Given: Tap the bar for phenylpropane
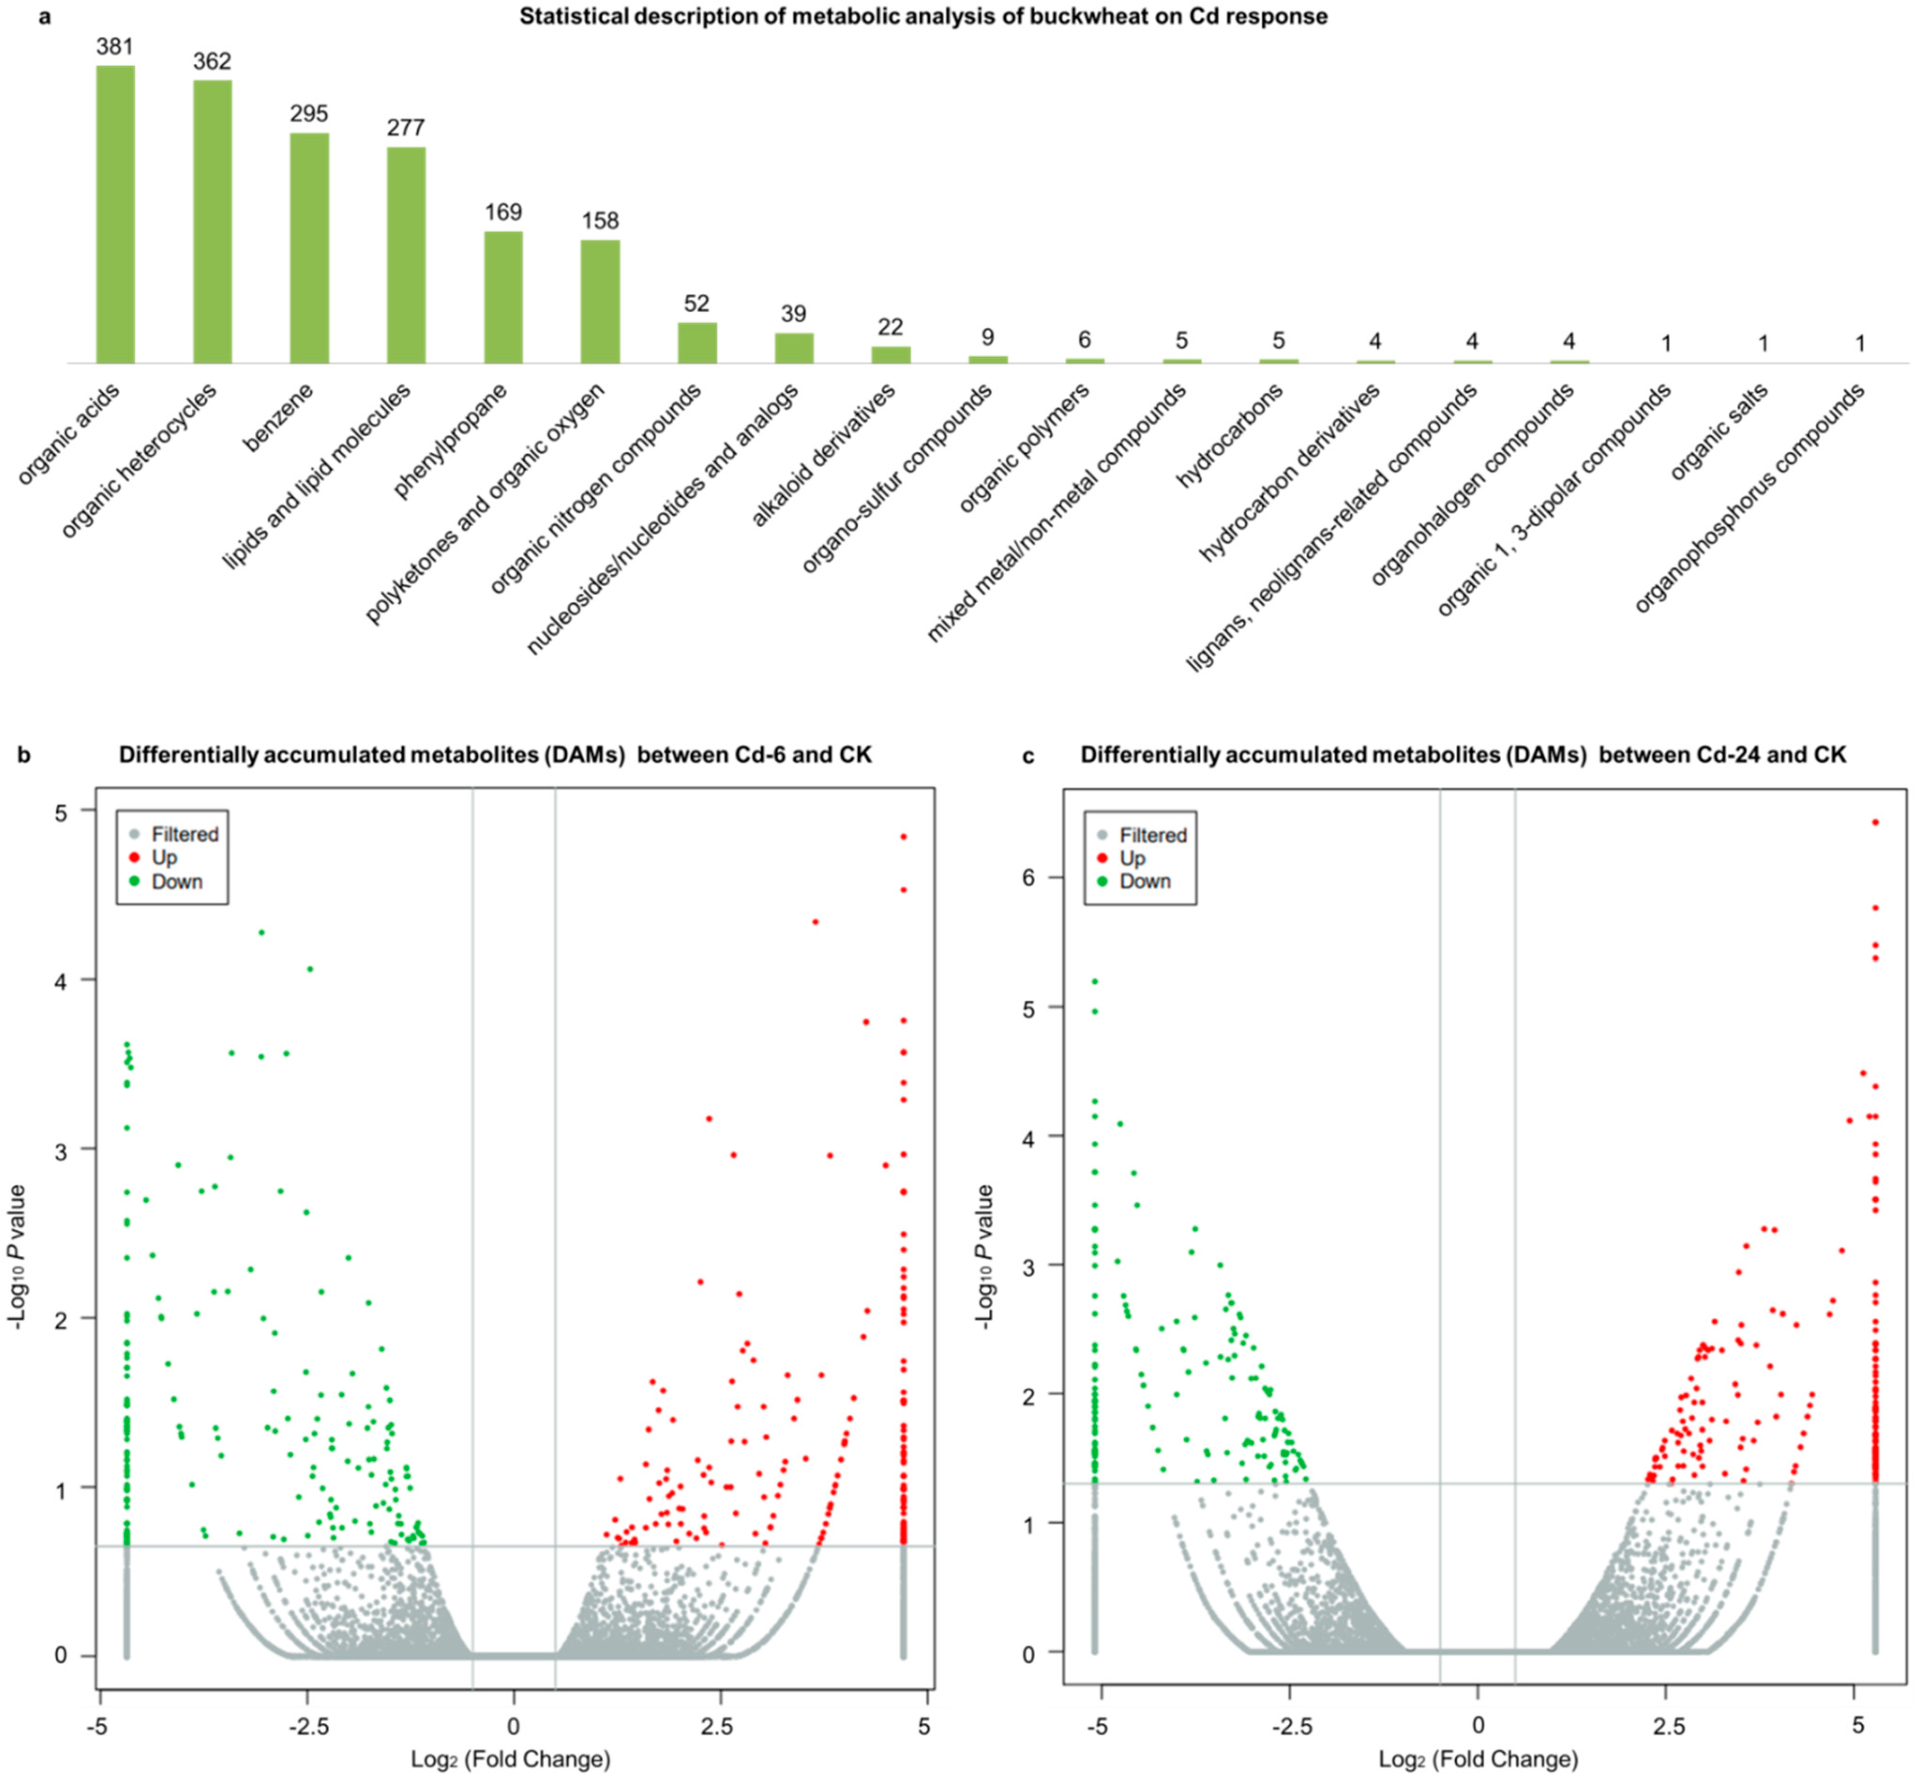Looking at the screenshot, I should tap(503, 297).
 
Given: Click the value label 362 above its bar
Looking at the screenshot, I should tap(212, 62).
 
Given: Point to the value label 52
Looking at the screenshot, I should tap(697, 304).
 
